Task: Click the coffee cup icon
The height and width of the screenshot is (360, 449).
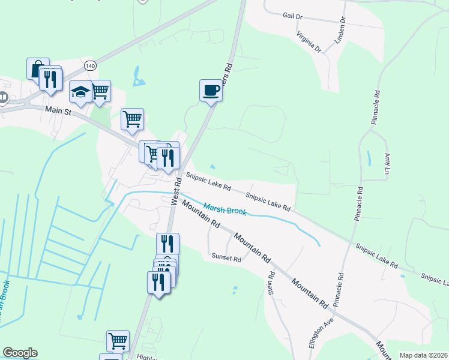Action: click(211, 91)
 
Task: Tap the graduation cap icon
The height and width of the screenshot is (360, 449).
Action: click(80, 92)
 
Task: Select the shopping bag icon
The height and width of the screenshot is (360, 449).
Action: click(37, 68)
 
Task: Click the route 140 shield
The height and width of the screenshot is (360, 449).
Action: click(90, 65)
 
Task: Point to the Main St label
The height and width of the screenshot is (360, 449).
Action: click(59, 110)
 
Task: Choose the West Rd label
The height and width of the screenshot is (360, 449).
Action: click(177, 191)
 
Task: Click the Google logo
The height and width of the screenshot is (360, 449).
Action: click(20, 353)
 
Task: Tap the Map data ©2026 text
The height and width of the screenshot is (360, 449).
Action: click(423, 355)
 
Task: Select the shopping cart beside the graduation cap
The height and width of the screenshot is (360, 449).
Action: click(100, 91)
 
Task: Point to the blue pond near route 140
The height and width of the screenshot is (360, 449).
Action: click(139, 76)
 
